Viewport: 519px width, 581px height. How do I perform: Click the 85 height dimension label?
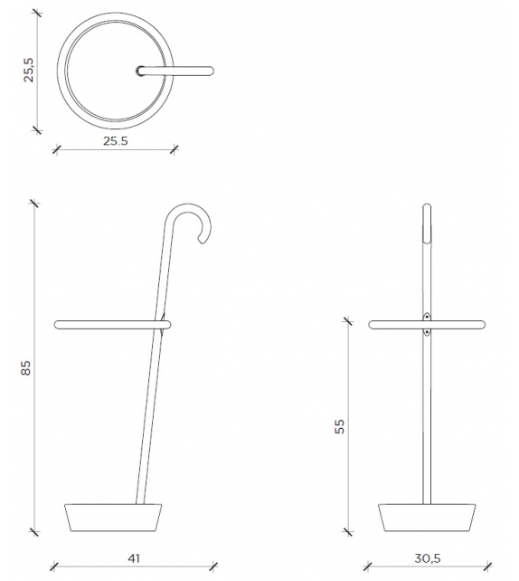[26, 369]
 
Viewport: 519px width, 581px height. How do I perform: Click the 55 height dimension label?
[340, 426]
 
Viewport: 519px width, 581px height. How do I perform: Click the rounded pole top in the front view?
[427, 212]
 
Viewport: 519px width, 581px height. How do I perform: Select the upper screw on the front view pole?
[427, 316]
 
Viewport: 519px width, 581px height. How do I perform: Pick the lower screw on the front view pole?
[427, 332]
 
